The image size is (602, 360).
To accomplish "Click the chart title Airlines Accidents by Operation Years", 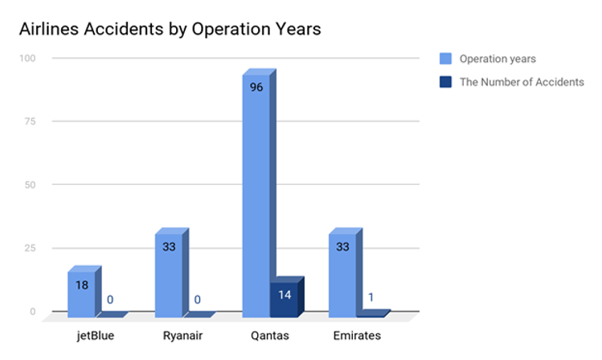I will coord(170,29).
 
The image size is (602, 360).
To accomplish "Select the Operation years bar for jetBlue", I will coord(81,292).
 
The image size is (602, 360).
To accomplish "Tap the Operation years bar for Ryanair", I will coord(168,274).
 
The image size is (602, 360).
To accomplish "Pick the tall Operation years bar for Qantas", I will coord(256,194).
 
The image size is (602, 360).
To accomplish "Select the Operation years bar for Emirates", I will coord(342,274).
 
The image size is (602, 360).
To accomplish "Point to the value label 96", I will coord(256,88).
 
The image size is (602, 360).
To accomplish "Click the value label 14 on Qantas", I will coord(284,294).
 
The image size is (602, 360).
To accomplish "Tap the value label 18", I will coord(82,284).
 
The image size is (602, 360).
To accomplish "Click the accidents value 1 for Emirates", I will coord(371,298).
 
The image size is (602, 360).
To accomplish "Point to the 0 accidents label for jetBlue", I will coord(110,300).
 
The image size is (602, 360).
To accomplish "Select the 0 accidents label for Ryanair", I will coord(197,300).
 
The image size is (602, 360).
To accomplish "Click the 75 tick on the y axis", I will coord(30,121).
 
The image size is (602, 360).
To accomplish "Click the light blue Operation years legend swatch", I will coord(445,59).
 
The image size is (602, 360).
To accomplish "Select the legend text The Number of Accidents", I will coord(522,82).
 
